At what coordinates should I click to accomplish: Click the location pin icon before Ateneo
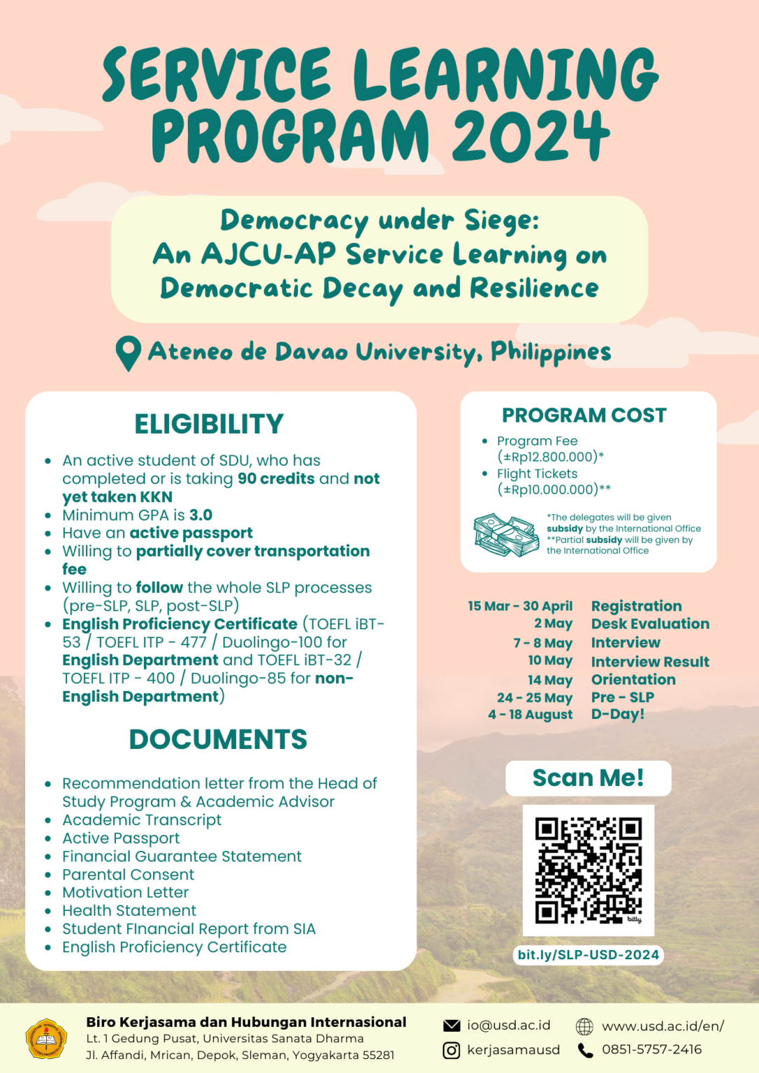point(128,353)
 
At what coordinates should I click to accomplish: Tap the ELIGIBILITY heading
point(209,424)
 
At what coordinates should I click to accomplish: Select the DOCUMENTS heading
point(218,739)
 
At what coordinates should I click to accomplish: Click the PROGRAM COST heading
point(584,415)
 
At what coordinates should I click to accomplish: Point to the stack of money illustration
point(506,535)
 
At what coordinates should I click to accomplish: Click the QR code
point(588,870)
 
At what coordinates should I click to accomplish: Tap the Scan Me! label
point(588,778)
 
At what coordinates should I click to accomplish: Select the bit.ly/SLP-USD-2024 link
point(588,954)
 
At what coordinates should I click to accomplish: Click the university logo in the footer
point(46,1038)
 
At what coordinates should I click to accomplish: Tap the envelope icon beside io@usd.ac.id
point(451,1025)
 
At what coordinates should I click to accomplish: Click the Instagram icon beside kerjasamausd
point(451,1050)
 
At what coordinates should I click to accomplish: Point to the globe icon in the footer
point(584,1026)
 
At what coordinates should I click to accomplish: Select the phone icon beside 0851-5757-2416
point(585,1050)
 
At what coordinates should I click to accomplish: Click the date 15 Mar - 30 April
point(520,606)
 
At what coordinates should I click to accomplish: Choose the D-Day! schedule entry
point(618,714)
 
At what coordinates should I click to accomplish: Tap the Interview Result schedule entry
point(650,662)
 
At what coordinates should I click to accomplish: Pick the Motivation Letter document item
point(126,892)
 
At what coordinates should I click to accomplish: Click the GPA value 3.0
point(201,515)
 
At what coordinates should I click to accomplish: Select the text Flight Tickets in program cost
point(537,474)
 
